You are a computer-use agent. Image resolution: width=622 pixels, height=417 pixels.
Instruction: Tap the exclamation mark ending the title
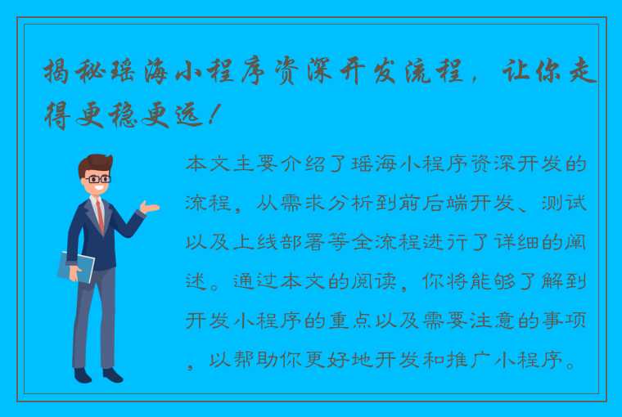214,115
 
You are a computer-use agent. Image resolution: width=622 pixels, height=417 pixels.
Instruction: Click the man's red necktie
100,214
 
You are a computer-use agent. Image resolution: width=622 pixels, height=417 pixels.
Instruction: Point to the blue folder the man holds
75,267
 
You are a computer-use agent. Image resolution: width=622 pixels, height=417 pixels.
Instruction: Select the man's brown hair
93,162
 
